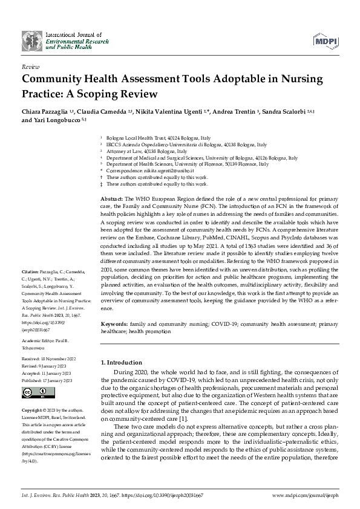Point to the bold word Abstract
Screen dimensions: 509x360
click(x=111, y=199)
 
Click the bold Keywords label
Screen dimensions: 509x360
click(x=114, y=324)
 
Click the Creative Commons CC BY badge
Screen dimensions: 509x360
click(x=36, y=392)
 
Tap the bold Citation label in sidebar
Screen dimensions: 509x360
click(x=30, y=273)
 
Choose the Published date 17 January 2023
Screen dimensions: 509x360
click(x=60, y=381)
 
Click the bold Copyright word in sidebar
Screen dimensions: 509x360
click(x=34, y=409)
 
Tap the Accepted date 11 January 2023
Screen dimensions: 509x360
click(x=59, y=373)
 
